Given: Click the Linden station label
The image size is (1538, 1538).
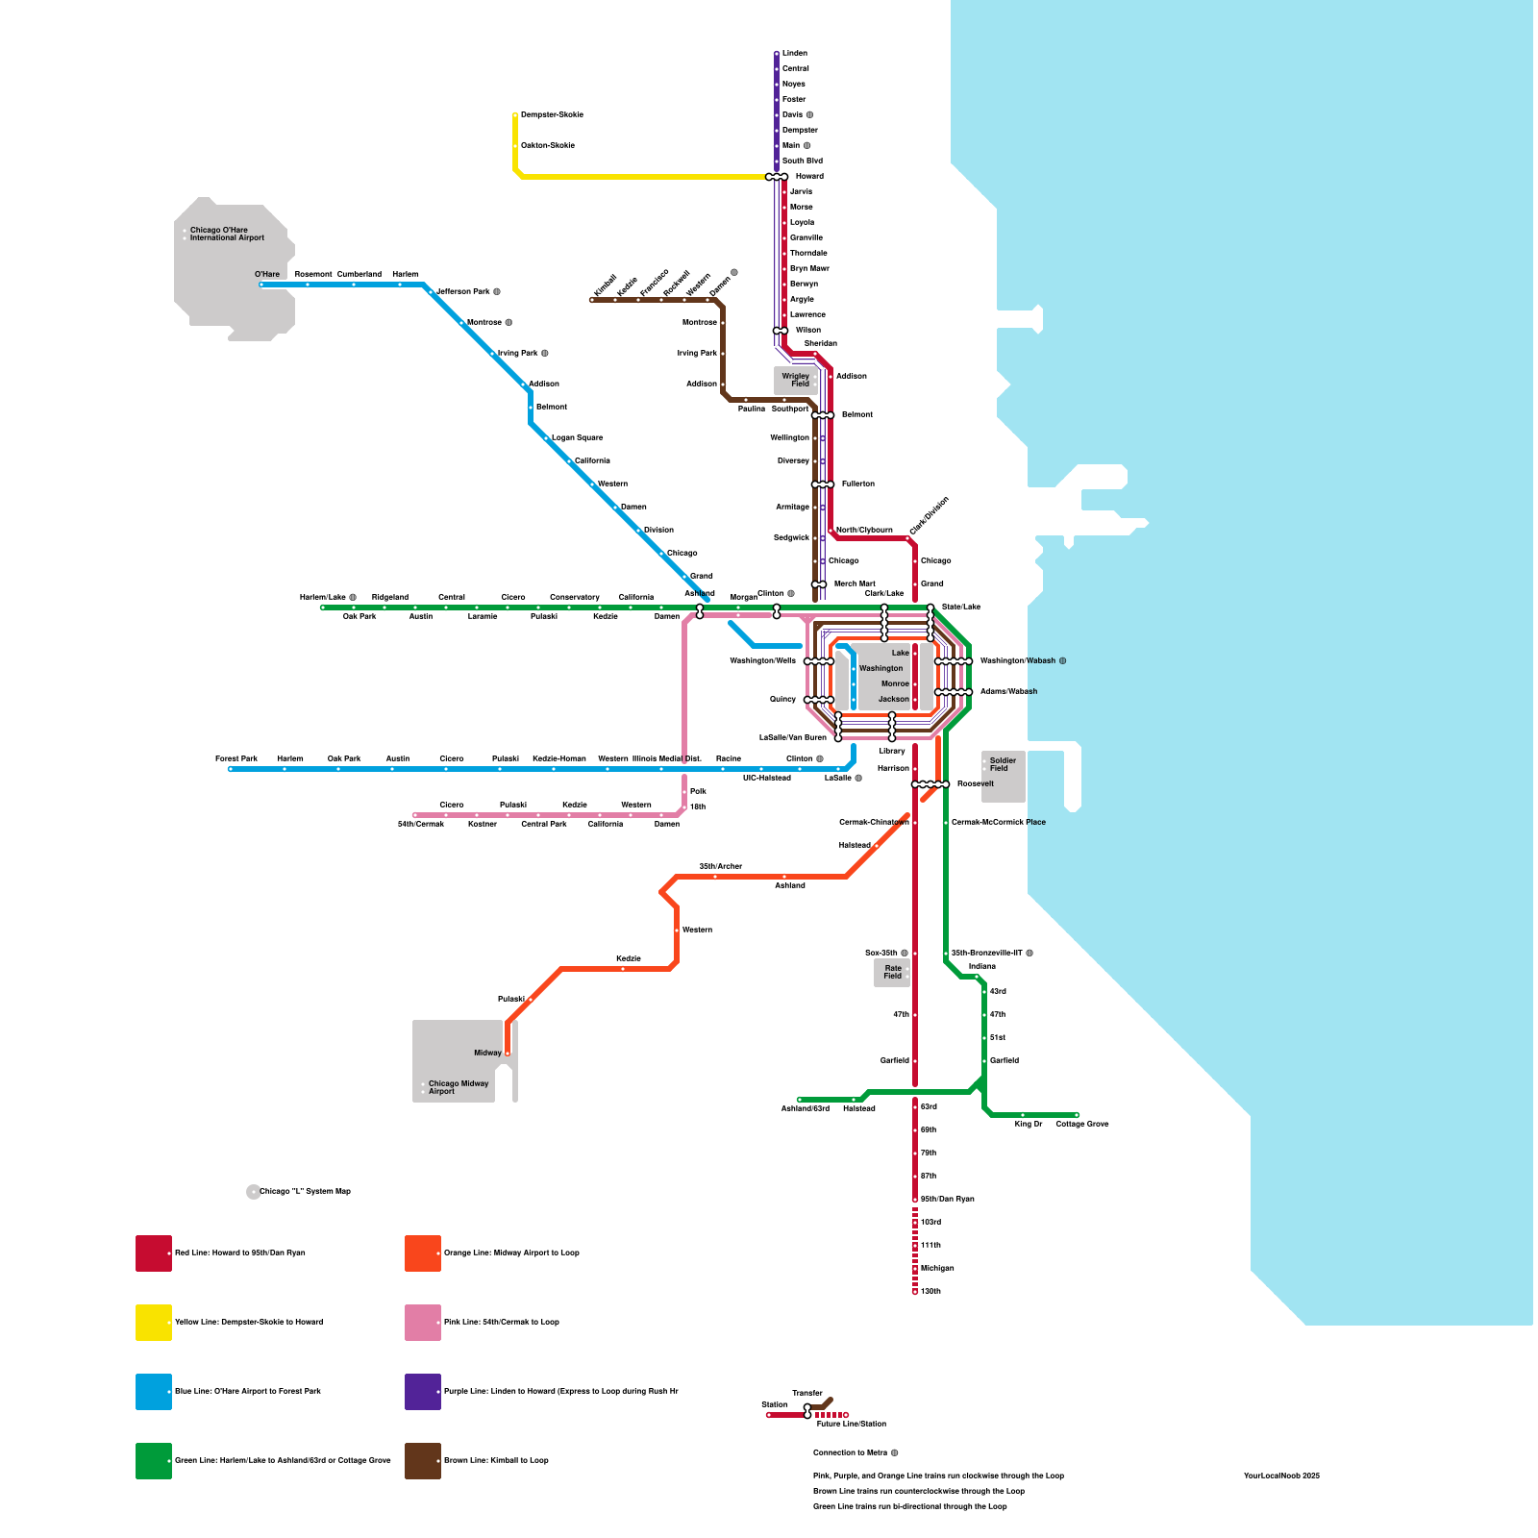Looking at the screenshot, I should pos(794,53).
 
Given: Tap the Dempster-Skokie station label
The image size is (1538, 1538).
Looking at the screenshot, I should pos(552,114).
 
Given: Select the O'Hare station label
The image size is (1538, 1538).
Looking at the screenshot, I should pos(267,274).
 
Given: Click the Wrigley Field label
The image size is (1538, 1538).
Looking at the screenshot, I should pos(795,380).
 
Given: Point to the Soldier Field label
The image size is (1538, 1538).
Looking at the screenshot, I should pos(1003,764).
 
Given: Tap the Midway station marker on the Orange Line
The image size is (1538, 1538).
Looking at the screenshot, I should pos(508,1054).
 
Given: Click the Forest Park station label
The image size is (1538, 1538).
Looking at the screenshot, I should pos(236,758).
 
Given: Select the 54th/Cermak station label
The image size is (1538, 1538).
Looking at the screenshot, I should pos(421,824).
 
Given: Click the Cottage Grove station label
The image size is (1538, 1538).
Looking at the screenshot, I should pos(1081,1124).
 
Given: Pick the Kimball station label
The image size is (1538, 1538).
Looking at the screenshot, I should pos(605,285).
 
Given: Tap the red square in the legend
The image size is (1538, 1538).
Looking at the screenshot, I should pos(154,1253).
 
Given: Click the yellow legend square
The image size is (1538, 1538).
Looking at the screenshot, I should pos(154,1323).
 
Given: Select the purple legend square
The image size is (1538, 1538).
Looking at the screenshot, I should pos(423,1392).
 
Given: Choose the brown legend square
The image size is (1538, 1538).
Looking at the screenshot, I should pos(423,1461).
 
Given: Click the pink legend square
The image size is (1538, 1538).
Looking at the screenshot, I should pos(423,1323).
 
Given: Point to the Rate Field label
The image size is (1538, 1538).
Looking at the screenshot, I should pos(893,972).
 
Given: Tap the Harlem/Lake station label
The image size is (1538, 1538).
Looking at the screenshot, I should pos(323,597).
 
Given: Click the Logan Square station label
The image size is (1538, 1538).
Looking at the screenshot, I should pos(577,437).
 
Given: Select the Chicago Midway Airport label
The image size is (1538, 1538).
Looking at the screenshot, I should pos(458,1087).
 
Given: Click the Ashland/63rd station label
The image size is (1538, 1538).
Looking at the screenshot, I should pos(805,1108).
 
